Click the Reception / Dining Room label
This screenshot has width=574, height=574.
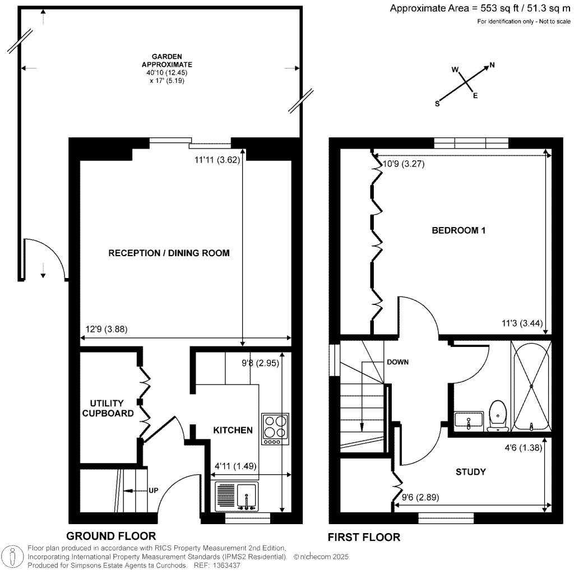(x=169, y=253)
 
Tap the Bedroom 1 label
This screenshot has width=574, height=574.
(x=458, y=230)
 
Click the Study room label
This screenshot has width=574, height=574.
(x=470, y=472)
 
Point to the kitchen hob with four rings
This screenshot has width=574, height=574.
(x=275, y=429)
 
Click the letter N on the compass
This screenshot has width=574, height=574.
(x=492, y=66)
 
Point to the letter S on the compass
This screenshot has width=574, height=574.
(x=437, y=104)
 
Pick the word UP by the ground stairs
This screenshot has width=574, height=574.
(x=153, y=491)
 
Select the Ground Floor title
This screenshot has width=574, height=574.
(x=111, y=536)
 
